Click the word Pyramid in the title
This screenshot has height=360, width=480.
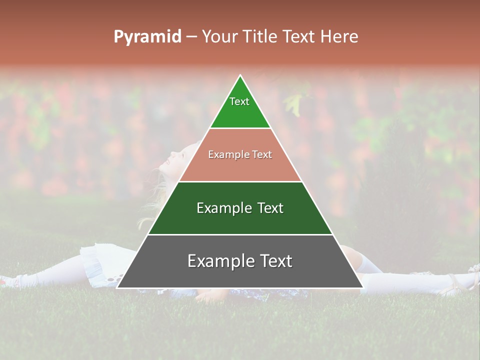(x=147, y=36)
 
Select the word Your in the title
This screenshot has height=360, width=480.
(x=219, y=36)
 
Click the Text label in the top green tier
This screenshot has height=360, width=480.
(x=239, y=101)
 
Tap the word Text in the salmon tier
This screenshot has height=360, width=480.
(x=262, y=155)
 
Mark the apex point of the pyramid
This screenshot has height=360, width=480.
(x=240, y=75)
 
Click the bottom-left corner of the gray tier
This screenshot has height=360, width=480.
(x=117, y=287)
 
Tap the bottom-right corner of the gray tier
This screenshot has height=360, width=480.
(x=363, y=287)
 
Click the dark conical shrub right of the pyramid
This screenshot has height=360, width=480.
(x=400, y=165)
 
